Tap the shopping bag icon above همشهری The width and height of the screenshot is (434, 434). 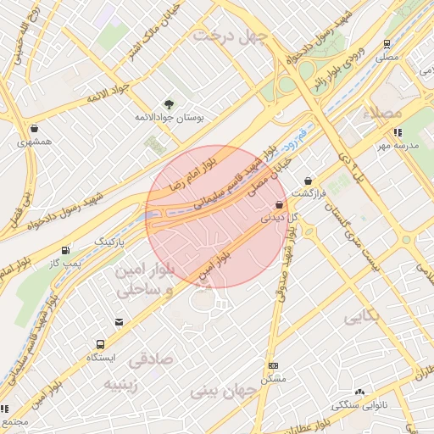pyautogui.click(x=33, y=128)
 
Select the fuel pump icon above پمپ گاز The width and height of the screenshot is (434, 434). pyautogui.click(x=66, y=250)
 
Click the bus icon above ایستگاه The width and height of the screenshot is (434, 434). pyautogui.click(x=100, y=344)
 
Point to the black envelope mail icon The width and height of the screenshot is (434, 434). pyautogui.click(x=119, y=322)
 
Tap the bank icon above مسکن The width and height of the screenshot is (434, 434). pyautogui.click(x=273, y=365)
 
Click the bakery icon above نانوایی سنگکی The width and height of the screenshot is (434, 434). pyautogui.click(x=360, y=392)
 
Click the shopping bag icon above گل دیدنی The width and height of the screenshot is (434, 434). pyautogui.click(x=279, y=205)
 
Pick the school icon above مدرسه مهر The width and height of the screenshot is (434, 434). pyautogui.click(x=397, y=131)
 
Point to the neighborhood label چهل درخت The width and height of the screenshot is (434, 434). pyautogui.click(x=230, y=36)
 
